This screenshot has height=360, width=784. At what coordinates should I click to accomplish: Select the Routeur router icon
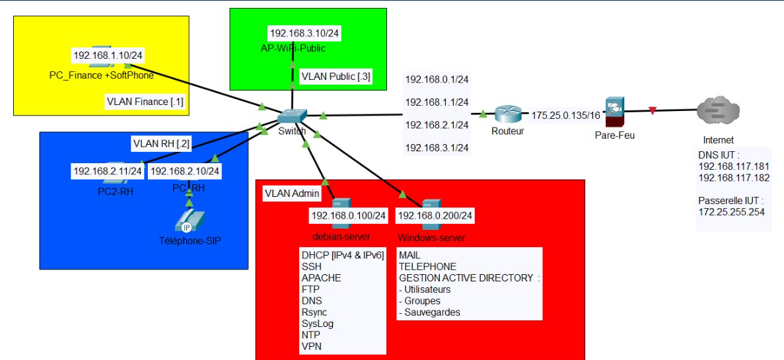pos(507,114)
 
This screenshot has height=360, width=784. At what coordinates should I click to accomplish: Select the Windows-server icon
pos(431,207)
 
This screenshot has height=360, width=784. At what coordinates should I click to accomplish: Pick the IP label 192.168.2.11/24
pos(108,171)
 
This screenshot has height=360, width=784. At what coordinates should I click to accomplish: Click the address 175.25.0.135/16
pos(566,115)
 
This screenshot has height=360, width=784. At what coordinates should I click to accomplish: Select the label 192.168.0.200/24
pos(437,216)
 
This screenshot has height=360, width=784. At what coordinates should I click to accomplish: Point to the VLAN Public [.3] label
pos(336,77)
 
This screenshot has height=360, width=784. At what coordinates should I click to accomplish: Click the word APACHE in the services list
pos(321,278)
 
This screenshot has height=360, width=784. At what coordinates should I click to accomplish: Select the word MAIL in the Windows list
pos(410,255)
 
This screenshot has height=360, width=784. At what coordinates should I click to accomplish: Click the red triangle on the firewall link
pos(653,111)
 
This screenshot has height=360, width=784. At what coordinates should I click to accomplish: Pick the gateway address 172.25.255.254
pos(731,212)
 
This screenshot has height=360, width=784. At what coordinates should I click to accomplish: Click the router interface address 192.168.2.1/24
pos(437,125)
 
